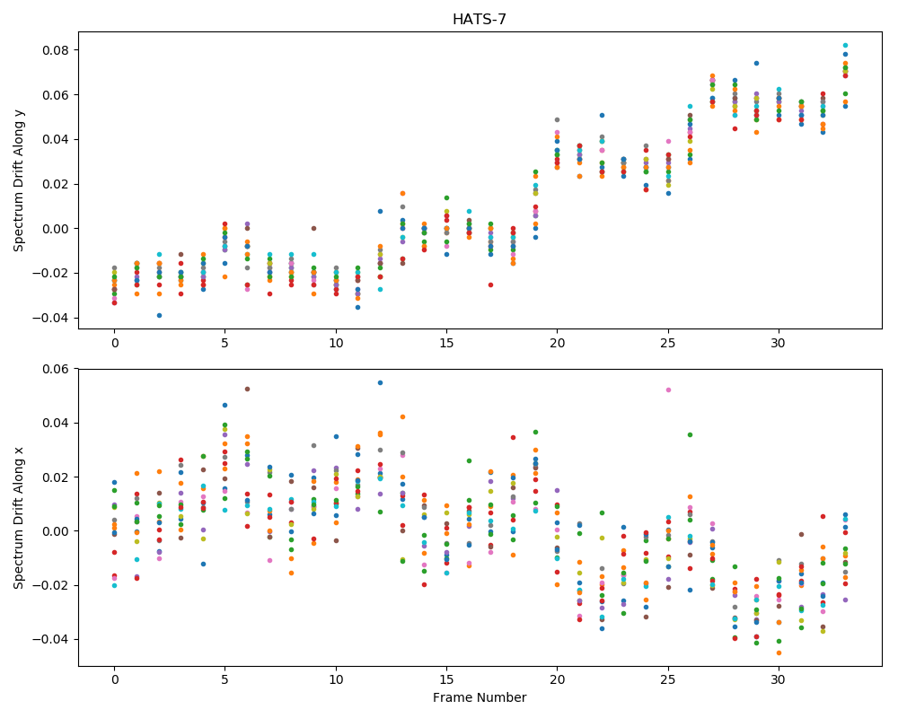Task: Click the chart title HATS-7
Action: (x=480, y=19)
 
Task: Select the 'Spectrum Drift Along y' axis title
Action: (x=19, y=179)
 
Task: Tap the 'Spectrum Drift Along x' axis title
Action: (x=19, y=518)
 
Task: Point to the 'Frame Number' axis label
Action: (x=480, y=697)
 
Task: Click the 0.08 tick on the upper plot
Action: (x=55, y=50)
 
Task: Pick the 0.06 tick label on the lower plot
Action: (x=55, y=369)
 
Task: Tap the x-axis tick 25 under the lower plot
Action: (x=667, y=679)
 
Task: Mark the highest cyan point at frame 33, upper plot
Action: (x=845, y=45)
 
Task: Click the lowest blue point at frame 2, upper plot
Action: (x=159, y=316)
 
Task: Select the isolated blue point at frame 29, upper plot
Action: (x=756, y=63)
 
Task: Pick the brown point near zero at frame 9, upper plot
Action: (x=313, y=228)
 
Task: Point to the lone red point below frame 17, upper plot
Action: (x=490, y=285)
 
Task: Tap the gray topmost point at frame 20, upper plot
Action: (x=557, y=119)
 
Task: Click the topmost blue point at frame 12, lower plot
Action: (x=380, y=382)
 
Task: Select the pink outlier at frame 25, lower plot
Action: (x=668, y=390)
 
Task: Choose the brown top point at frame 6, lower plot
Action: (x=247, y=389)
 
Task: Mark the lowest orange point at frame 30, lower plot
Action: (x=779, y=652)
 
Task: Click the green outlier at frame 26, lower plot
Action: (x=690, y=434)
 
